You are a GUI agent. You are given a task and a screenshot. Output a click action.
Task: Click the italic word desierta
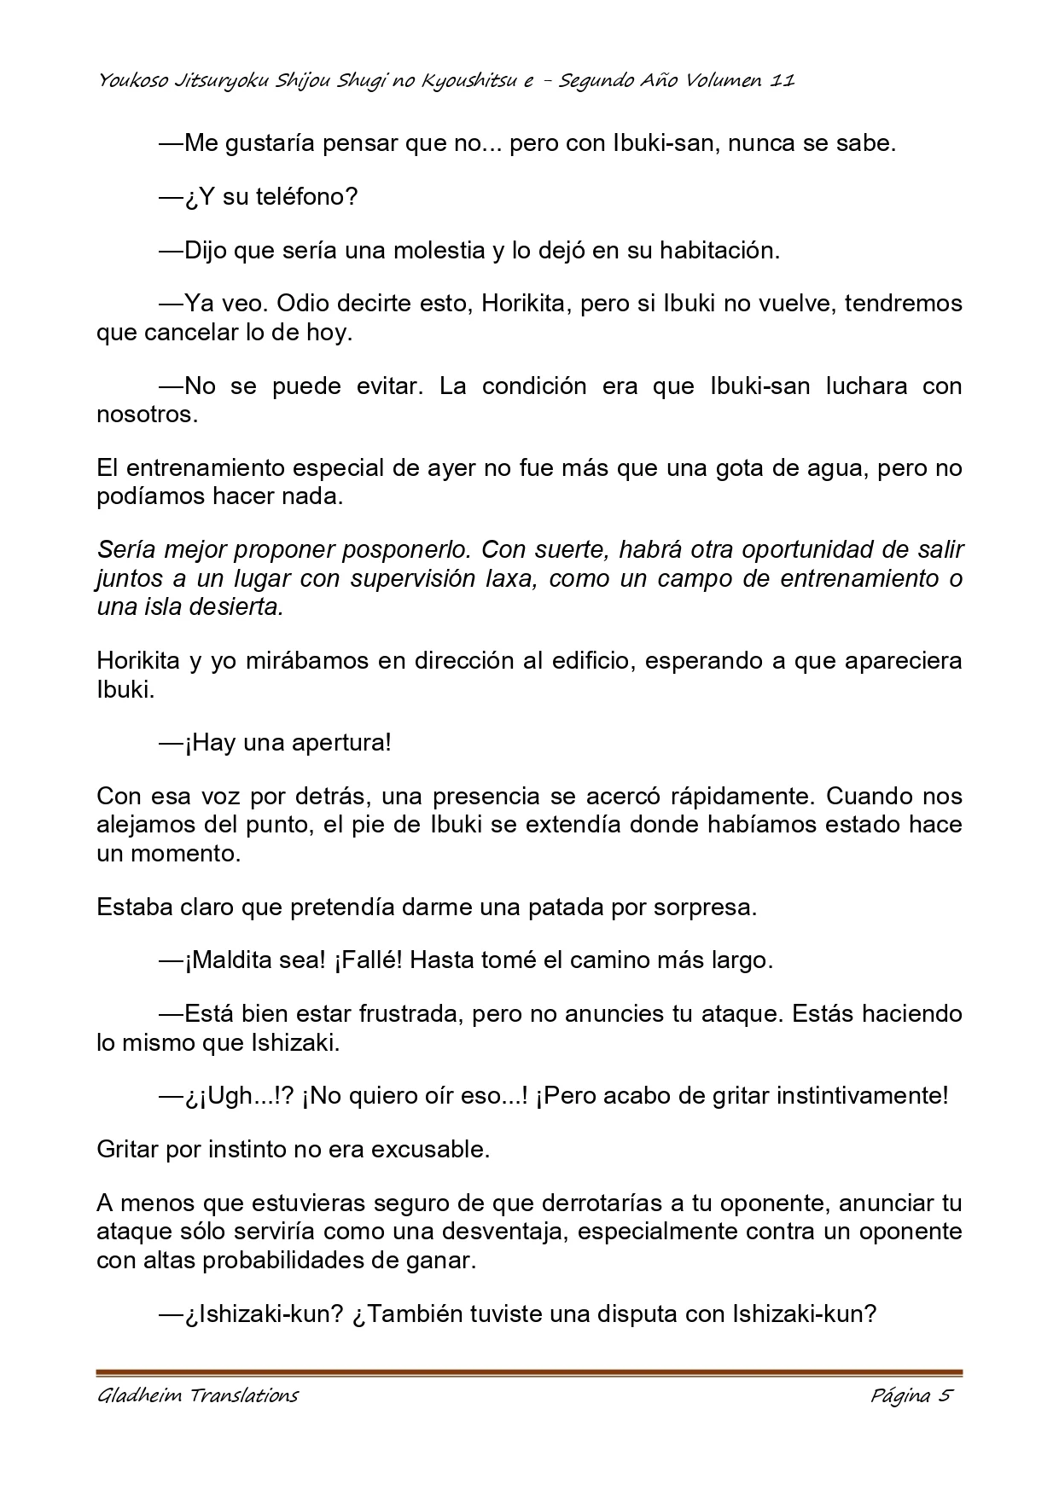click(x=242, y=606)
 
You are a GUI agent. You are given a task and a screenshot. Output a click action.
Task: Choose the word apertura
click(x=341, y=743)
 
